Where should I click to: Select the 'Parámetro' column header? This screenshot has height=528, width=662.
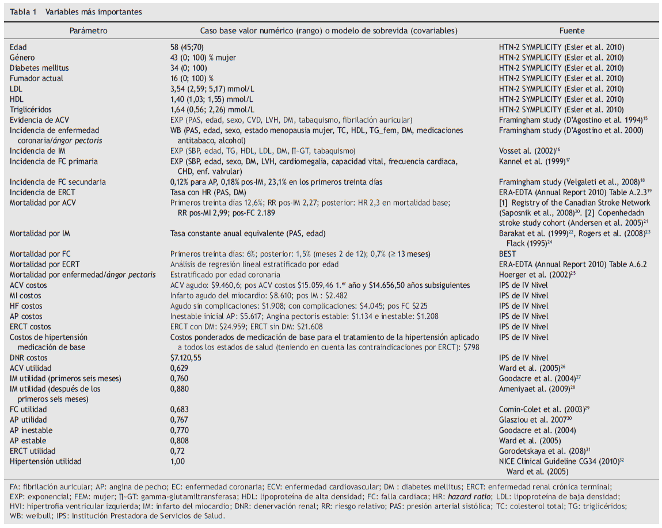[x=89, y=31]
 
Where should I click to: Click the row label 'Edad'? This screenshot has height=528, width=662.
[x=18, y=47]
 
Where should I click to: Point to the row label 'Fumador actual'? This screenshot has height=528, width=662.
[x=36, y=78]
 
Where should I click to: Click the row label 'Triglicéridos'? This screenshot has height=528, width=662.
[x=31, y=109]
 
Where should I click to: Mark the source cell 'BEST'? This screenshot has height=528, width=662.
[x=508, y=254]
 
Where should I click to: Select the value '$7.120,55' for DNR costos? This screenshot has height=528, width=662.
[x=187, y=358]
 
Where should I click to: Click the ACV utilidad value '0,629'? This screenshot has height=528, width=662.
[x=180, y=368]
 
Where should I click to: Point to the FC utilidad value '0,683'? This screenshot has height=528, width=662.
[x=180, y=409]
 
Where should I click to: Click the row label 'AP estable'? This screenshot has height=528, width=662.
[x=28, y=440]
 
